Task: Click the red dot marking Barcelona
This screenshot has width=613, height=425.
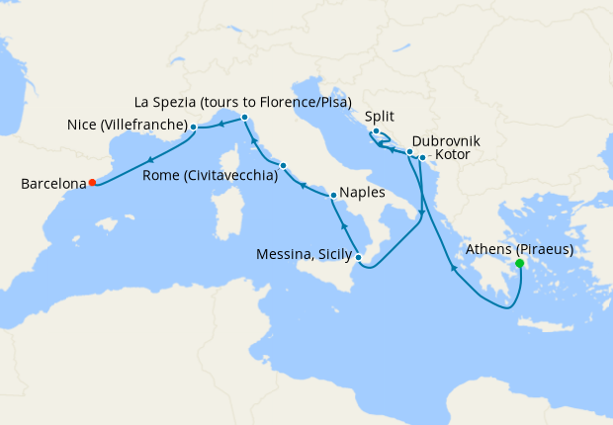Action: (x=92, y=182)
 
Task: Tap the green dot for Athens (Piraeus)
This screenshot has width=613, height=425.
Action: (x=520, y=264)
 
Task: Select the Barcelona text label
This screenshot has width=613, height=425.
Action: (x=52, y=183)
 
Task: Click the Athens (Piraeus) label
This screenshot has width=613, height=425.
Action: (x=519, y=249)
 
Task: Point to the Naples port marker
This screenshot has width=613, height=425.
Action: (x=333, y=196)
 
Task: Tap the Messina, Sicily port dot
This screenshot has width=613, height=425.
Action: (x=358, y=258)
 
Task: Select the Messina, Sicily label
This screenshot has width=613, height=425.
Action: (x=302, y=255)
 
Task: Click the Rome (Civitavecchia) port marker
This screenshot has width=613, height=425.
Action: (x=283, y=165)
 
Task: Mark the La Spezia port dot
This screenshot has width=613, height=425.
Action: (x=244, y=118)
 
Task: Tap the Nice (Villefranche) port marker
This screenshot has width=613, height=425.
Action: (x=194, y=127)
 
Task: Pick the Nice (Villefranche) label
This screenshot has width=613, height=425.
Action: (x=128, y=125)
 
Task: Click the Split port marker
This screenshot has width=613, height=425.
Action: (x=377, y=131)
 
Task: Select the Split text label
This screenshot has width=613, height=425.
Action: (x=380, y=116)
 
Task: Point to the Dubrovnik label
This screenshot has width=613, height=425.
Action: (x=446, y=141)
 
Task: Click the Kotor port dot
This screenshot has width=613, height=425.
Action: (x=422, y=157)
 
